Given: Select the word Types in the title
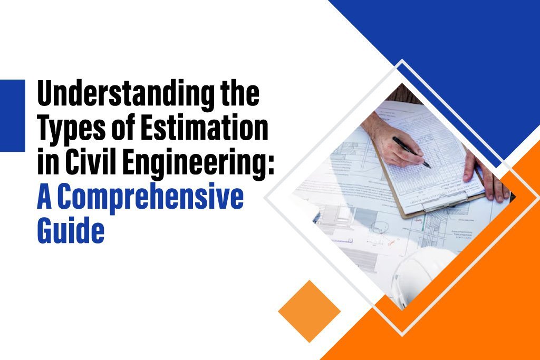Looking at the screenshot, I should [67, 130].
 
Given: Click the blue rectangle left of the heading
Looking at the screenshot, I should [12, 115].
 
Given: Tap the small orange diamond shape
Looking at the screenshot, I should [309, 311].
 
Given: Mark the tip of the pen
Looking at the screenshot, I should [429, 167].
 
